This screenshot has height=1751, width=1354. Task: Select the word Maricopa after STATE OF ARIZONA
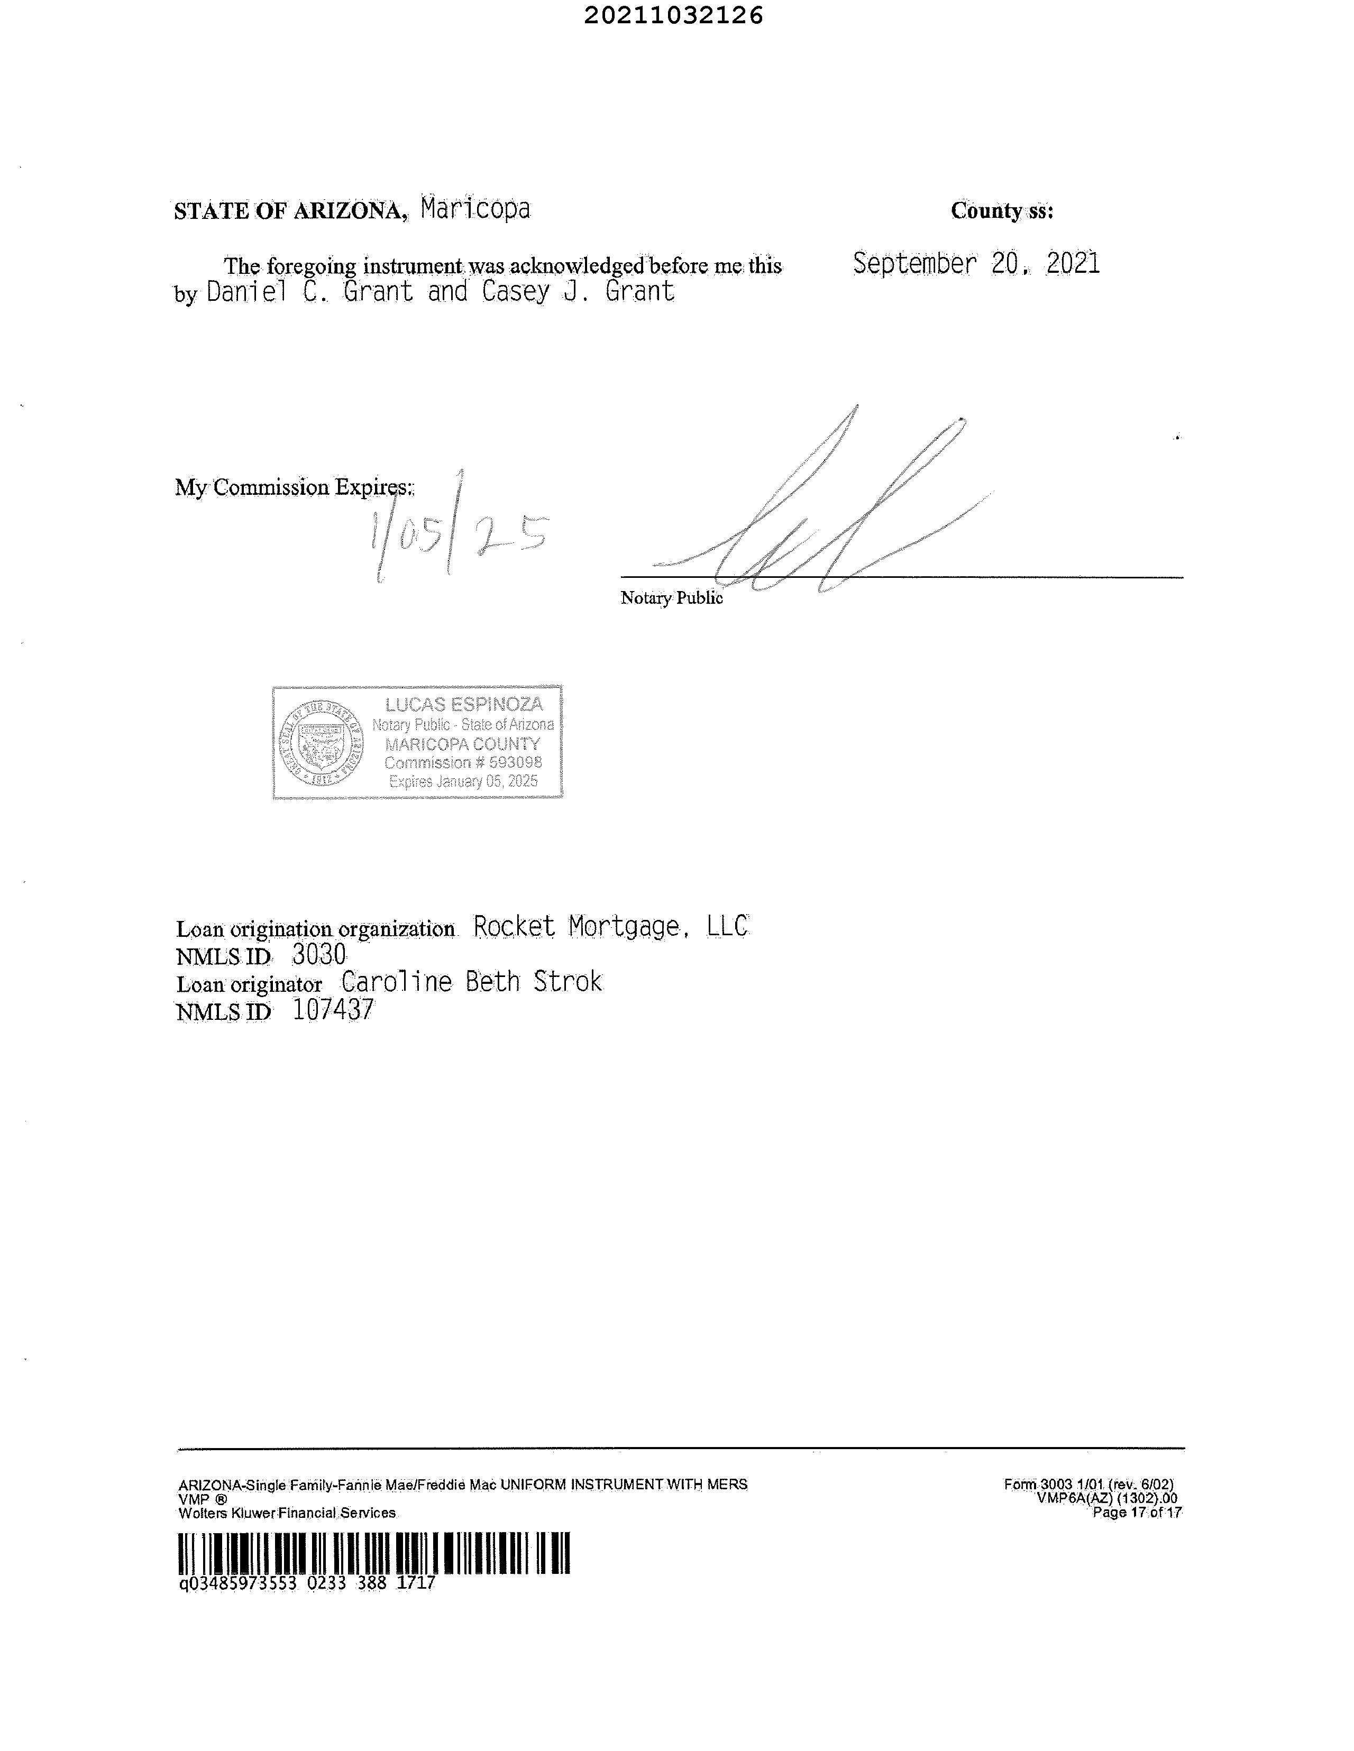point(475,209)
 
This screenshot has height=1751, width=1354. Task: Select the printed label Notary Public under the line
point(671,598)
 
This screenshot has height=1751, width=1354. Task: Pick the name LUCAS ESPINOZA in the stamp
point(464,705)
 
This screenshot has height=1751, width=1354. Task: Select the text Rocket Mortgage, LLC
point(611,927)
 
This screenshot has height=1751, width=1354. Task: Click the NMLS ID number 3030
point(318,955)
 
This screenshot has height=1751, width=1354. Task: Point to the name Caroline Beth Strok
point(471,982)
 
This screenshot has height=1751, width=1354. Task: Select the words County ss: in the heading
point(1002,211)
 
